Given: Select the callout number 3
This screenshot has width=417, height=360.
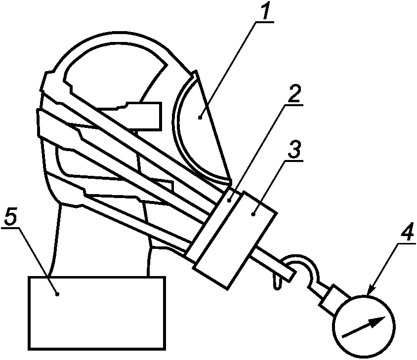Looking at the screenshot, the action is click(293, 150).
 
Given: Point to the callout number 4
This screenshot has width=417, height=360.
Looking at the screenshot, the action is click(406, 231).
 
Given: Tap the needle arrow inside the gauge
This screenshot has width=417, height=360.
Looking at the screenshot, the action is click(364, 327).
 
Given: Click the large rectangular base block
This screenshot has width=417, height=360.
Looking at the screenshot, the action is click(97, 313).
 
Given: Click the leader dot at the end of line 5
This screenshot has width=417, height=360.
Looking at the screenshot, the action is click(57, 294).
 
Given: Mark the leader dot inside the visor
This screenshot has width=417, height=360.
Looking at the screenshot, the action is click(200, 117).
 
